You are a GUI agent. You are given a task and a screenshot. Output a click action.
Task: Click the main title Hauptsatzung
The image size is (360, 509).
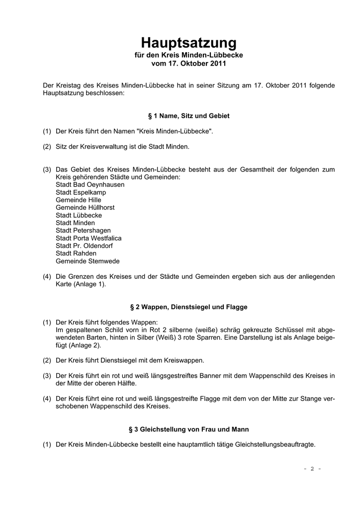pyautogui.click(x=189, y=42)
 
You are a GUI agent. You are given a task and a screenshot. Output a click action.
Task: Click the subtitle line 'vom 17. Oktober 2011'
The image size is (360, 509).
pyautogui.click(x=189, y=64)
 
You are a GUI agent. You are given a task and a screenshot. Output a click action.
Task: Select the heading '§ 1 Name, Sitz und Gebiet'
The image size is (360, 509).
pyautogui.click(x=189, y=115)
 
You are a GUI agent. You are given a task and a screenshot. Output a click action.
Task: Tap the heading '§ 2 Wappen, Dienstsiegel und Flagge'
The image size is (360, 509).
pyautogui.click(x=189, y=307)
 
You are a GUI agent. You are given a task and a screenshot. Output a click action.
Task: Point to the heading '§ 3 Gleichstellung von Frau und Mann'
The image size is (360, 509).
pyautogui.click(x=189, y=428)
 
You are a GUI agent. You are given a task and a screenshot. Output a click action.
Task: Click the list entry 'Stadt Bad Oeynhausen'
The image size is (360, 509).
pyautogui.click(x=90, y=184)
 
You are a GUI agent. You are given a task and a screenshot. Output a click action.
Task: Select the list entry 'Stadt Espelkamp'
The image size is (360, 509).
pyautogui.click(x=81, y=192)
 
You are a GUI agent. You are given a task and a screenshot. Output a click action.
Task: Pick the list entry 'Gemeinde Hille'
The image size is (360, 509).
pyautogui.click(x=79, y=200)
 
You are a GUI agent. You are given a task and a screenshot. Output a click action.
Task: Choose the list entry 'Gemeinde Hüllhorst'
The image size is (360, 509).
pyautogui.click(x=85, y=207)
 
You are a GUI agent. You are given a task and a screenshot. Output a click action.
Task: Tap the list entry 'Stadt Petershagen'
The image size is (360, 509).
pyautogui.click(x=83, y=231)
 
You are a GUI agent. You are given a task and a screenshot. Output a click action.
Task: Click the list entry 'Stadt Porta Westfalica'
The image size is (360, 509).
pyautogui.click(x=89, y=238)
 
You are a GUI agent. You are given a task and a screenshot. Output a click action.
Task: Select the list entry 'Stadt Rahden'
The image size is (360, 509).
pyautogui.click(x=76, y=254)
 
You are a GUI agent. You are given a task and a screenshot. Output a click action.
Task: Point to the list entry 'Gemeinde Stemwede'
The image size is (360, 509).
pyautogui.click(x=88, y=261)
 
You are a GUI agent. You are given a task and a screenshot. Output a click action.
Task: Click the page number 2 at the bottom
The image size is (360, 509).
pyautogui.click(x=312, y=469)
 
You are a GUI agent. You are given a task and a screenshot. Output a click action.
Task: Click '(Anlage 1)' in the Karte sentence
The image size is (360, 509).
pyautogui.click(x=90, y=284)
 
